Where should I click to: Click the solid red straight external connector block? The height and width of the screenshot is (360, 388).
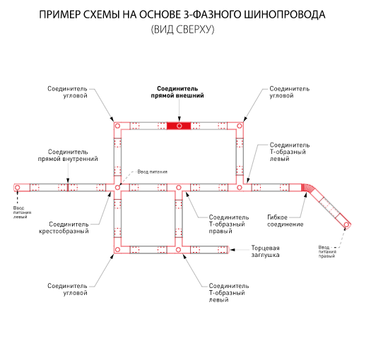179,126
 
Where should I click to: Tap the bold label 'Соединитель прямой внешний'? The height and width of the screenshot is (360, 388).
177,92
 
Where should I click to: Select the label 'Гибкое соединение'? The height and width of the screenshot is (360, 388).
286,221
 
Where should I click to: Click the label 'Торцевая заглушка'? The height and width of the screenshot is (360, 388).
266,251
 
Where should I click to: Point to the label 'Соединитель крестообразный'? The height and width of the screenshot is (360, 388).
64,227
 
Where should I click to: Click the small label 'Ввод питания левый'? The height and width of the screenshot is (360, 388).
23,212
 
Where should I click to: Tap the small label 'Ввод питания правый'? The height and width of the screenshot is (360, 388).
327,251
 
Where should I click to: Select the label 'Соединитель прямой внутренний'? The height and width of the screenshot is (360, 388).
68,155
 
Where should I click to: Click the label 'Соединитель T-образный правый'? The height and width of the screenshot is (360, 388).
229,224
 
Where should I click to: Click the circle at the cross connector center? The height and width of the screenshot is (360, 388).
117,188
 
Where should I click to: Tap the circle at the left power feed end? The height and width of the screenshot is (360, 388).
17,188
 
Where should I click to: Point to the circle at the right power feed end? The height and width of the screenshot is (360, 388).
346,225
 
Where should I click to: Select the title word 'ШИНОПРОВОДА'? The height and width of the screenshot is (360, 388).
285,15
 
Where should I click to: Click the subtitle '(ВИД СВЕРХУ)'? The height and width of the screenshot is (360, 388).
182,30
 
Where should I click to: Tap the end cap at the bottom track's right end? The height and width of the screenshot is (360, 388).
228,250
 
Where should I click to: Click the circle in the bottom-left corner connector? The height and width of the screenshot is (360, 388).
117,250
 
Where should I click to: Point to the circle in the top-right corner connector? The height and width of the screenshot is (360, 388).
240,126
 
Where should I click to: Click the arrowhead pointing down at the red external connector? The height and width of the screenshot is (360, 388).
179,119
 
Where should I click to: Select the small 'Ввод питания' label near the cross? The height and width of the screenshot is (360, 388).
153,172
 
